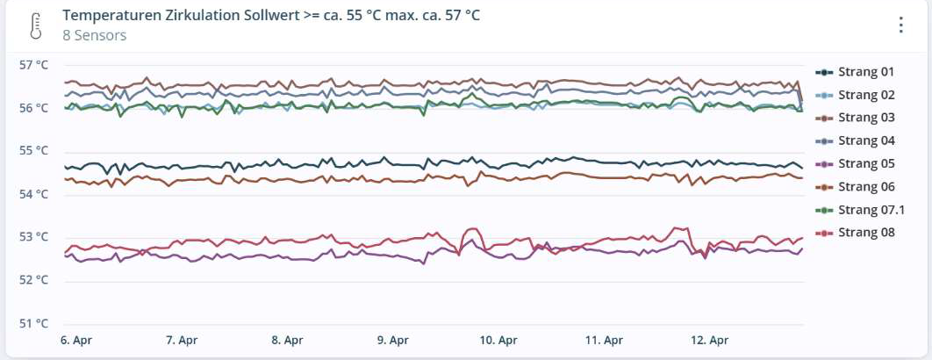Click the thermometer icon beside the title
(34, 25)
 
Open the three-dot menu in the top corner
(900, 25)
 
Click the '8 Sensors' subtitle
(95, 36)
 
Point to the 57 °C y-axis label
(32, 65)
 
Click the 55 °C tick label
(32, 151)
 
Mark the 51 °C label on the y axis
(32, 323)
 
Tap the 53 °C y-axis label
(32, 237)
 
